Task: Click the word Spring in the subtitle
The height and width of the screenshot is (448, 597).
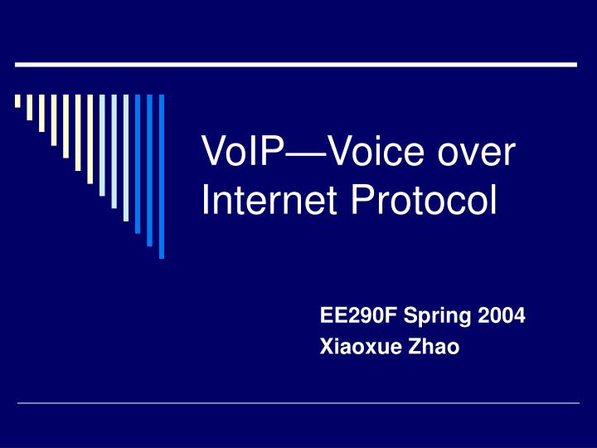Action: pyautogui.click(x=425, y=316)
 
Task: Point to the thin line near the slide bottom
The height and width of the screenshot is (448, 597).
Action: pyautogui.click(x=298, y=403)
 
